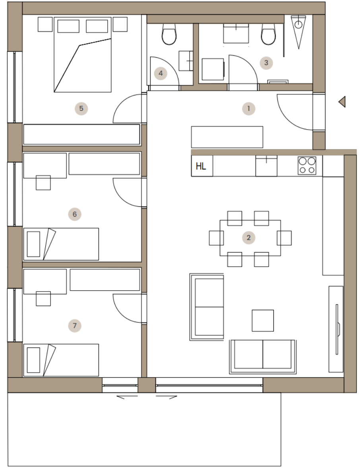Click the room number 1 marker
coord(249,109)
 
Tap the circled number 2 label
coord(249,238)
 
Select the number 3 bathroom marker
coord(266,63)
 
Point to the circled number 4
coord(161,73)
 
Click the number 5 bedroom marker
coord(81,108)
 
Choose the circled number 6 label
coord(75,214)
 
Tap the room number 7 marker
coord(75,326)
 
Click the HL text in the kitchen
coord(201,166)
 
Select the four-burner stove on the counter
coord(307,165)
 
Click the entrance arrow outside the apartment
coord(343,102)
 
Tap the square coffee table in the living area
coord(263,320)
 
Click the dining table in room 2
coord(250,238)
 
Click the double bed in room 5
coord(82,54)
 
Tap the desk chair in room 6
coord(43,183)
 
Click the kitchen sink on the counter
coord(266,165)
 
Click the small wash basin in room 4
coord(186,61)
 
